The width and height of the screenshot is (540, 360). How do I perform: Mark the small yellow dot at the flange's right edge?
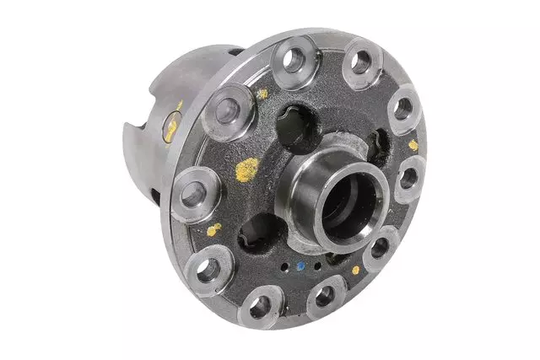pyautogui.click(x=413, y=145)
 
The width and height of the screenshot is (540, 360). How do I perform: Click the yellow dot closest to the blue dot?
pyautogui.click(x=355, y=270)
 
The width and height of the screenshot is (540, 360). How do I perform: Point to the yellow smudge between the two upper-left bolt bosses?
pyautogui.click(x=262, y=94)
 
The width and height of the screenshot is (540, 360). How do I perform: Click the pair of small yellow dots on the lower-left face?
pyautogui.click(x=214, y=228)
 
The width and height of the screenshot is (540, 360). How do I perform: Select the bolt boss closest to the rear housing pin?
pyautogui.click(x=225, y=109)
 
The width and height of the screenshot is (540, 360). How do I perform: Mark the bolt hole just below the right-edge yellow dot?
pyautogui.click(x=408, y=180)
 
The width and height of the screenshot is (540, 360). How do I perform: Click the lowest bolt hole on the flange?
pyautogui.click(x=261, y=305)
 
